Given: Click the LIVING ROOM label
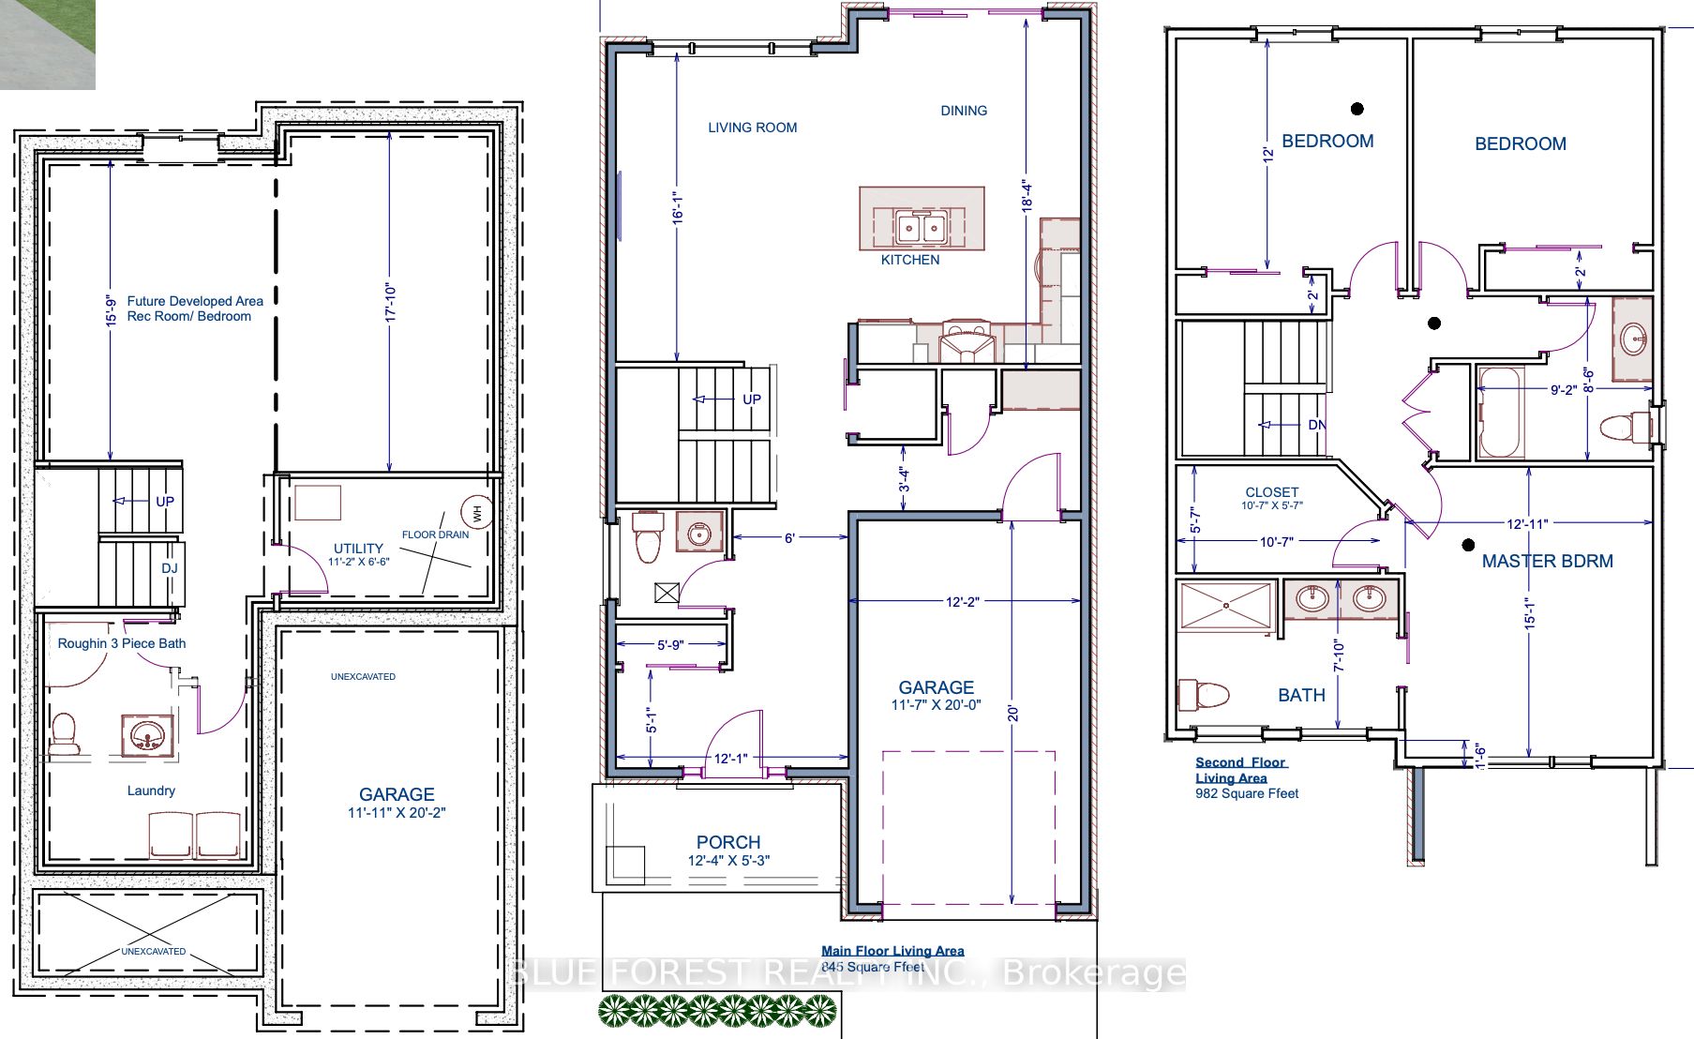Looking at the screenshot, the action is point(752,128).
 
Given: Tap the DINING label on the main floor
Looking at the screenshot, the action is point(964,111).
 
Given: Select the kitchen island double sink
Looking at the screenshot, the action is point(921,227).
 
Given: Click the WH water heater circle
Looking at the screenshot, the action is point(477,513).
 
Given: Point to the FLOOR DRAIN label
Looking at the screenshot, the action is point(435,535).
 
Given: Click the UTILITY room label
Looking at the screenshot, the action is point(358,549).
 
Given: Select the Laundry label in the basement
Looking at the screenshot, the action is point(151,791).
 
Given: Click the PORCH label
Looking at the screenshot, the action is point(728,842).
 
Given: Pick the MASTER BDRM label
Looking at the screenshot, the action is point(1547,561).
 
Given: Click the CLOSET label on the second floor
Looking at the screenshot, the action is point(1272,491).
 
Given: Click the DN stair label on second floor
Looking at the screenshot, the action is point(1317,425).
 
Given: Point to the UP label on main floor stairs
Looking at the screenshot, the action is point(752,399).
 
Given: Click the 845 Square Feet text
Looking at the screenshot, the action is point(873,967).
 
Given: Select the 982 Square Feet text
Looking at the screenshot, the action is point(1247,793).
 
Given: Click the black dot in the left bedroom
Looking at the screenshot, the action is point(1357,109).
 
